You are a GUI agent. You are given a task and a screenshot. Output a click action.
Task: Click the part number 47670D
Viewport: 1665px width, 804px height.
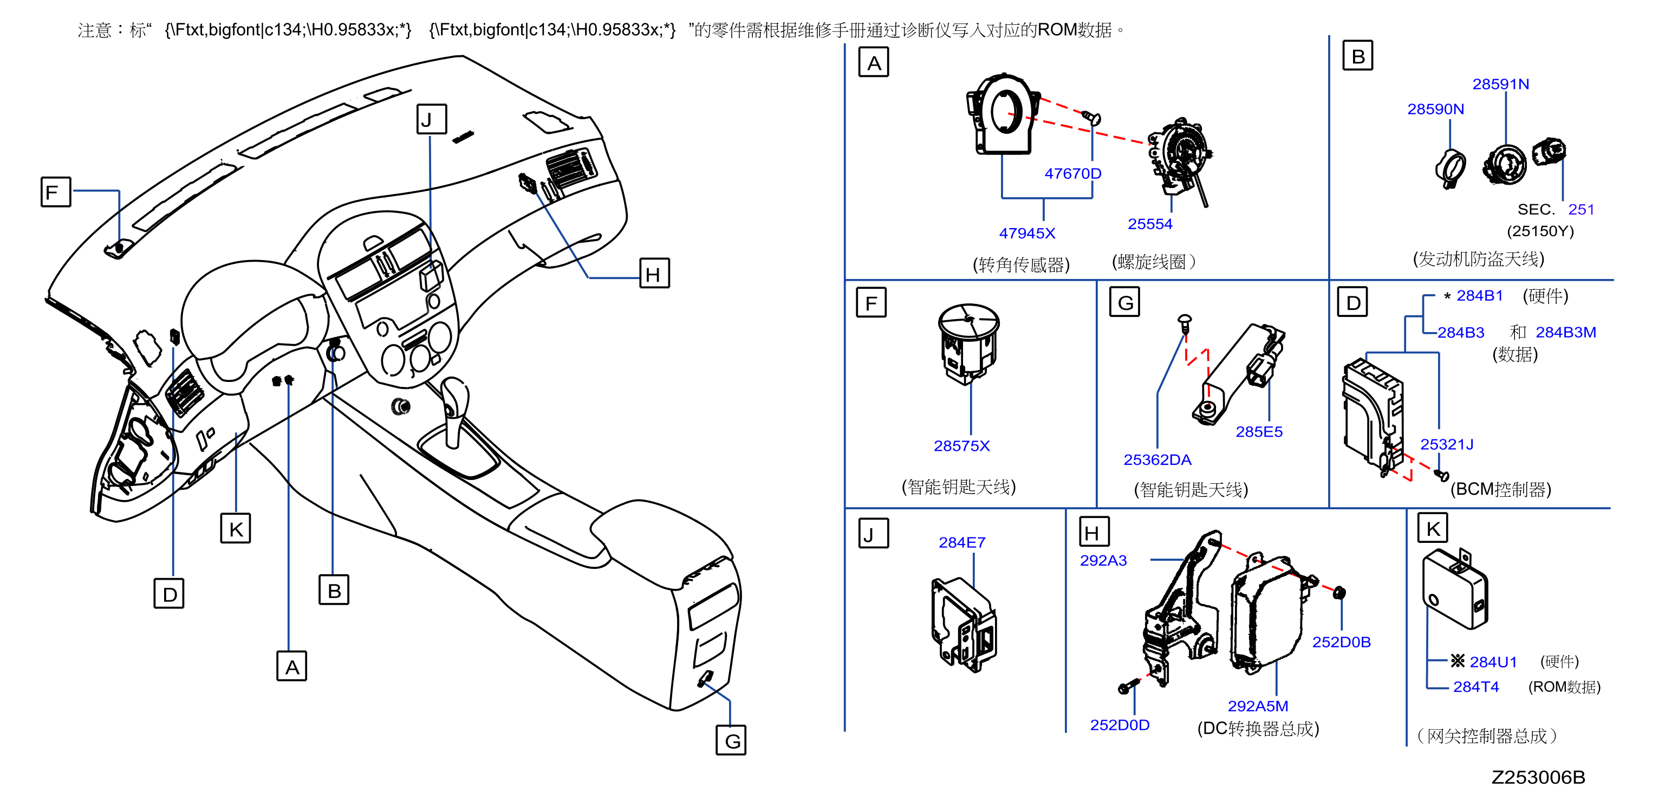pyautogui.click(x=1072, y=173)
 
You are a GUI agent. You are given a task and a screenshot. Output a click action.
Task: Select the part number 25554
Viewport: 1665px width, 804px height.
pyautogui.click(x=1149, y=224)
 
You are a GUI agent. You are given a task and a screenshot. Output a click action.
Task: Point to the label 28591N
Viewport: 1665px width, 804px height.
pyautogui.click(x=1500, y=84)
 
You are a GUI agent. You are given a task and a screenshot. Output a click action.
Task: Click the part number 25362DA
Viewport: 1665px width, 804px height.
pyautogui.click(x=1157, y=459)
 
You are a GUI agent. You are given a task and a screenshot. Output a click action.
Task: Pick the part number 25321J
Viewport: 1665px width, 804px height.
pyautogui.click(x=1447, y=444)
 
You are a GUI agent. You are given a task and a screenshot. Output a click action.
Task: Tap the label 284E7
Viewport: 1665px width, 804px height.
pyautogui.click(x=962, y=542)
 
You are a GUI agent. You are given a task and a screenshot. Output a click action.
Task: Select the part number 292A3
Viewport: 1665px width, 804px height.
pyautogui.click(x=1103, y=560)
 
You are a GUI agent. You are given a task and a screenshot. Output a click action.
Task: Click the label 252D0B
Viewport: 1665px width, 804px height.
pyautogui.click(x=1341, y=642)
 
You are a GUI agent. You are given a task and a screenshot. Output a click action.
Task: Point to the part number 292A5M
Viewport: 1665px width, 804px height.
pyautogui.click(x=1258, y=706)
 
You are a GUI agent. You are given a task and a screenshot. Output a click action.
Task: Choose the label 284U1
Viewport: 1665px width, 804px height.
pyautogui.click(x=1493, y=662)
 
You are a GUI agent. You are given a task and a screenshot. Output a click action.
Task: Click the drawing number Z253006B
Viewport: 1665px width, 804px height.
pyautogui.click(x=1538, y=777)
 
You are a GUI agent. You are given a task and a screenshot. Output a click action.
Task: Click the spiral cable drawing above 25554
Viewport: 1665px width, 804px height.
pyautogui.click(x=1180, y=161)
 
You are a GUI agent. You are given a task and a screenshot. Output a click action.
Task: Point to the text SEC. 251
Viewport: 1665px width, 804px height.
pyautogui.click(x=1555, y=210)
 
